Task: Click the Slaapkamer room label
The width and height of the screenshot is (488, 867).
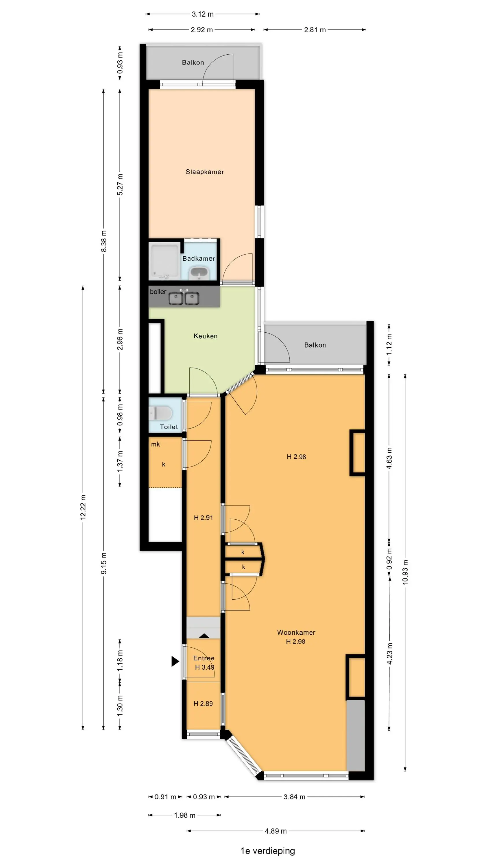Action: tap(205, 172)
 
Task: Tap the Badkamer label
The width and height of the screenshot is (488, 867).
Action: tap(198, 258)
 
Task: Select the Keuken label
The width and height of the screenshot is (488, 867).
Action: tap(206, 336)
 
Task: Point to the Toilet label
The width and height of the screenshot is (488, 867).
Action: tap(169, 427)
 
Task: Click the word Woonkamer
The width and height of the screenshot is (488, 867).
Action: tap(296, 632)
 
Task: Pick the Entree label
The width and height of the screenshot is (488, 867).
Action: tap(204, 658)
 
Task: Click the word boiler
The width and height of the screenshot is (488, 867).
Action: tap(158, 292)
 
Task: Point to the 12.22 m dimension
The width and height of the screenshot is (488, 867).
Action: tap(83, 507)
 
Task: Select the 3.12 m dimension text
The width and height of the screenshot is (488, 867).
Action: tap(203, 14)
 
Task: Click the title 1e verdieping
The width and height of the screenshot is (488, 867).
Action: tap(267, 851)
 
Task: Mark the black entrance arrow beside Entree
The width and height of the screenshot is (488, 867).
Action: tap(175, 661)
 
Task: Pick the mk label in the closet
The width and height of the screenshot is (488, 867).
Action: tap(155, 444)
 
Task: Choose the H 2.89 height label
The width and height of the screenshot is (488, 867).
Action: tap(203, 703)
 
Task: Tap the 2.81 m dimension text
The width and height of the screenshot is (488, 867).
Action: tap(315, 29)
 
